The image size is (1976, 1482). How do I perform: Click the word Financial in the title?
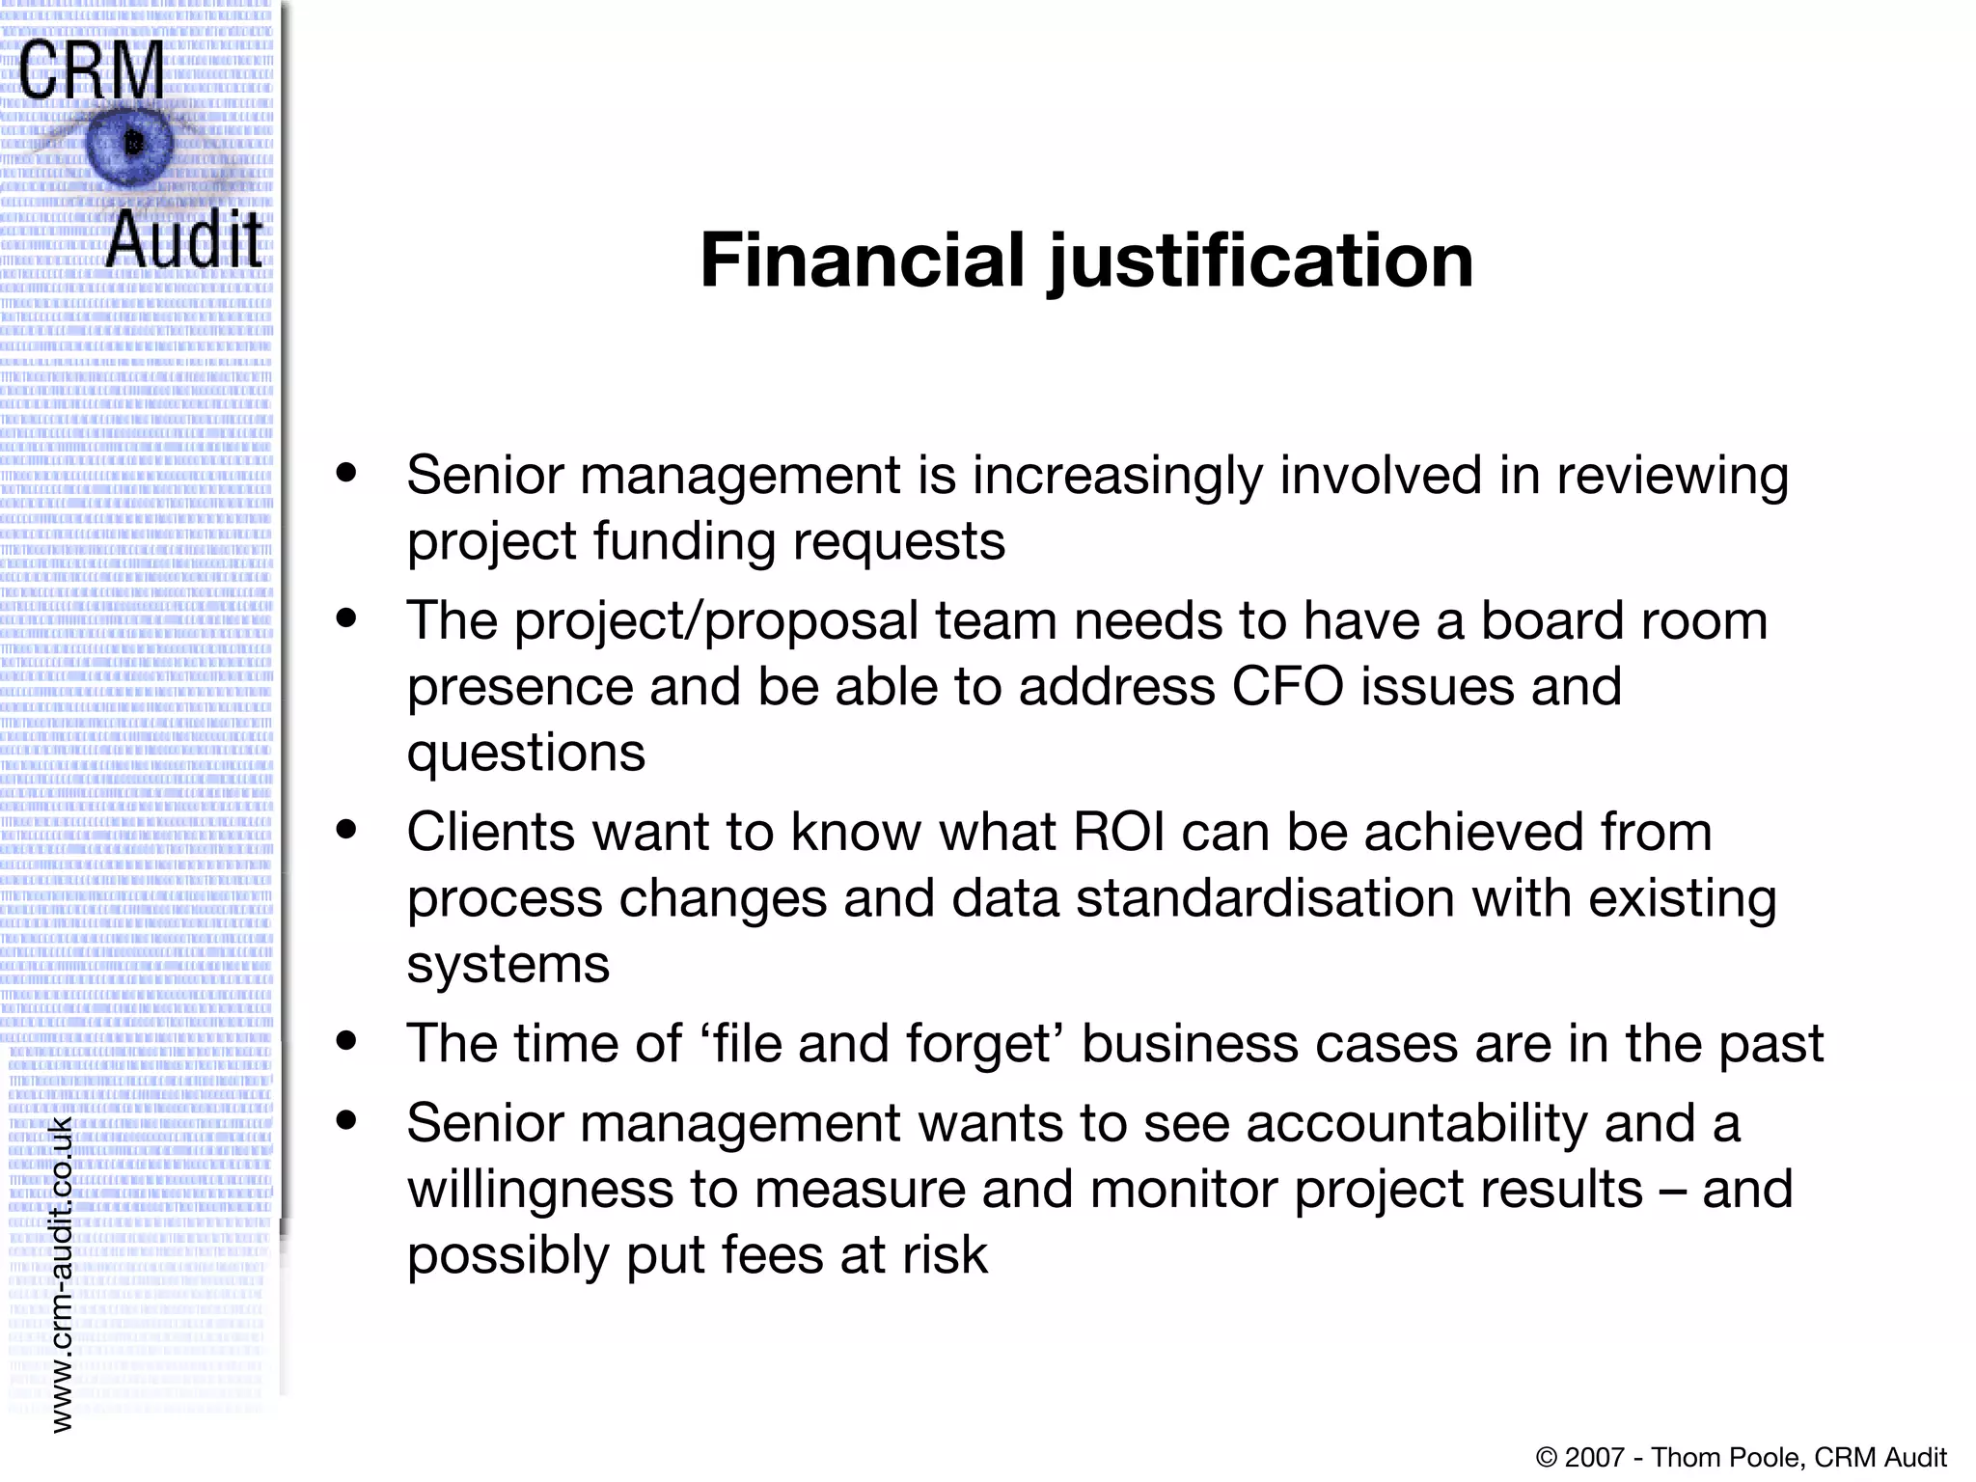click(862, 261)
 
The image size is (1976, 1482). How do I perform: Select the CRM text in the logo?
click(91, 69)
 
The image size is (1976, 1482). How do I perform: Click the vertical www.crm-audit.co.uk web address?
click(61, 1274)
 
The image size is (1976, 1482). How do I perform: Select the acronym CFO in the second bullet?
click(1288, 687)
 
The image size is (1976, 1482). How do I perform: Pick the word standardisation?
click(1265, 898)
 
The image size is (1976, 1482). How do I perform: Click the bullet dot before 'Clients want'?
click(346, 829)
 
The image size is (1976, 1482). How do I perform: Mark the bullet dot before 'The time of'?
click(346, 1041)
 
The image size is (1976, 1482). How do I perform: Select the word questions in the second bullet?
click(526, 754)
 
